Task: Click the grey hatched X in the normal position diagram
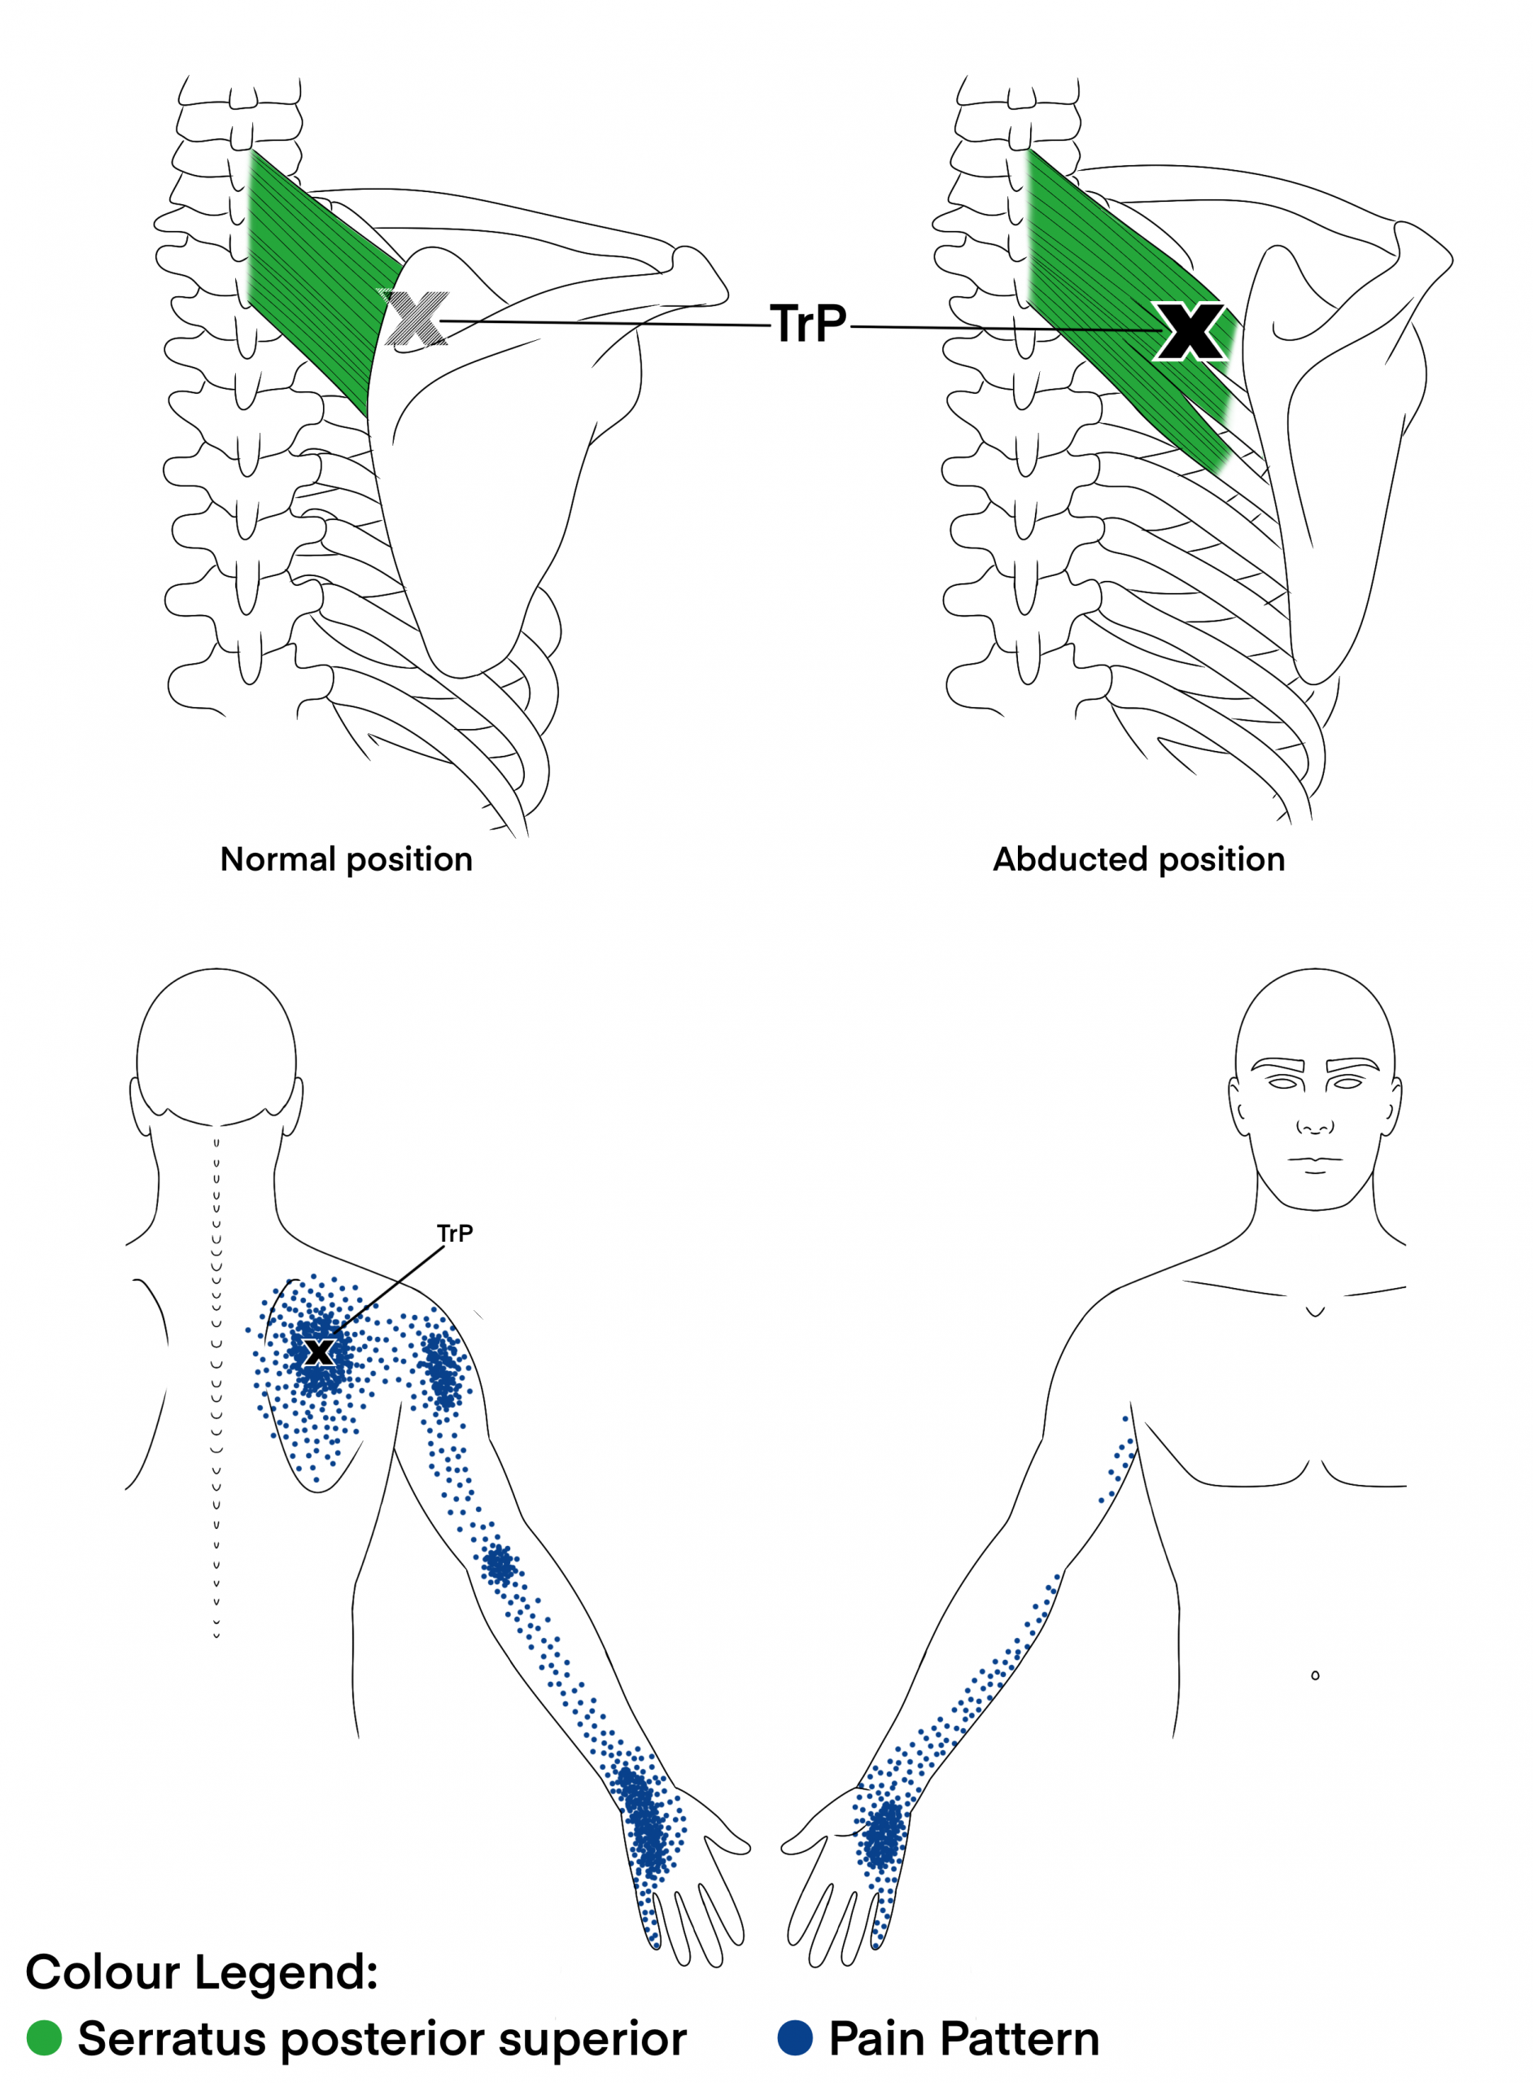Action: pos(415,317)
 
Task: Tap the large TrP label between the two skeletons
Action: pos(808,324)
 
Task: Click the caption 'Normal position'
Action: pos(346,859)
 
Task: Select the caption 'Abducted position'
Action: pos(1138,859)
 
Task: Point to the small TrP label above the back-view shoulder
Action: pos(455,1233)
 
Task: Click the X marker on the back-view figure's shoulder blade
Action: pos(319,1352)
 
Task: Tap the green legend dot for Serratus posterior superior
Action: pos(44,2037)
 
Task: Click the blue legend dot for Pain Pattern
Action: pos(795,2037)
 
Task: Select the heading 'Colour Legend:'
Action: pos(201,1972)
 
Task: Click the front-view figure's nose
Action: pos(1315,1125)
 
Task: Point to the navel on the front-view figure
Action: pos(1315,1675)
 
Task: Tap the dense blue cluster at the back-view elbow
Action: pos(500,1566)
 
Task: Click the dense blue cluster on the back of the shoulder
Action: pos(443,1369)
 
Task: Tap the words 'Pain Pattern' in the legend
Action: pos(964,2037)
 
